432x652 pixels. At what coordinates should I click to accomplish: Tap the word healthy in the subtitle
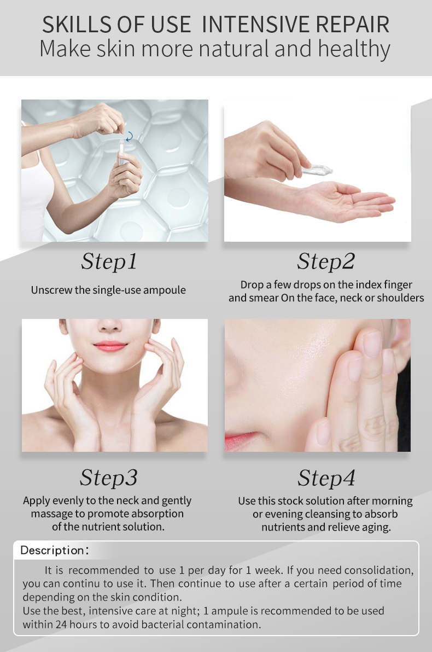coord(354,49)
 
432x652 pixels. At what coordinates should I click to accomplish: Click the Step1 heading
coord(109,262)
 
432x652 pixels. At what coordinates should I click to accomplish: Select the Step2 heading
coord(326,262)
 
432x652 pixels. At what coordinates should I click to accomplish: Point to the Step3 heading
coord(108,478)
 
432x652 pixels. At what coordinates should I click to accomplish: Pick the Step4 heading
coord(326,478)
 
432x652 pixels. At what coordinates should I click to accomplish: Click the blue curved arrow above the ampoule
coord(130,136)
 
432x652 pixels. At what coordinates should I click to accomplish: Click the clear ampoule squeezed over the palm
coord(317,170)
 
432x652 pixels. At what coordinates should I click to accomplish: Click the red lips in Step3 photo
coord(110,346)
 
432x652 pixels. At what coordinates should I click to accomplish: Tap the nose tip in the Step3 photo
coord(110,327)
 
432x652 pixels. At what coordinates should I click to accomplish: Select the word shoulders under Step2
coord(400,298)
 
